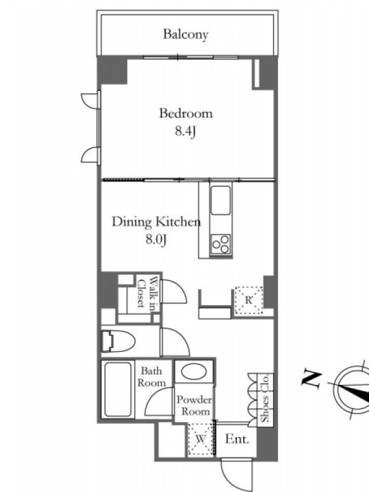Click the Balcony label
pyautogui.click(x=186, y=34)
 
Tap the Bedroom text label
pyautogui.click(x=186, y=113)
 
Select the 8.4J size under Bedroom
pyautogui.click(x=186, y=131)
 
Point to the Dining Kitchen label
pyautogui.click(x=156, y=222)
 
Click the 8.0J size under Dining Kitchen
pyautogui.click(x=156, y=240)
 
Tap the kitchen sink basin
pyautogui.click(x=221, y=200)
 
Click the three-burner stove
pyautogui.click(x=221, y=244)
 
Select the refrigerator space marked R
pyautogui.click(x=248, y=300)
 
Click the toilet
pyautogui.click(x=117, y=341)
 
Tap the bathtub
pyautogui.click(x=117, y=389)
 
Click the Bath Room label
pyautogui.click(x=152, y=377)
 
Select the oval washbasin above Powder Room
pyautogui.click(x=194, y=371)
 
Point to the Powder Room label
pyautogui.click(x=194, y=405)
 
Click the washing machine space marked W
pyautogui.click(x=200, y=439)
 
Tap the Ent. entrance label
pyautogui.click(x=237, y=439)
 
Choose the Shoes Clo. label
pyautogui.click(x=266, y=398)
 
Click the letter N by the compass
pyautogui.click(x=312, y=378)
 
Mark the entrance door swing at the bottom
pyautogui.click(x=236, y=474)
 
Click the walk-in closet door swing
pyautogui.click(x=173, y=291)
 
